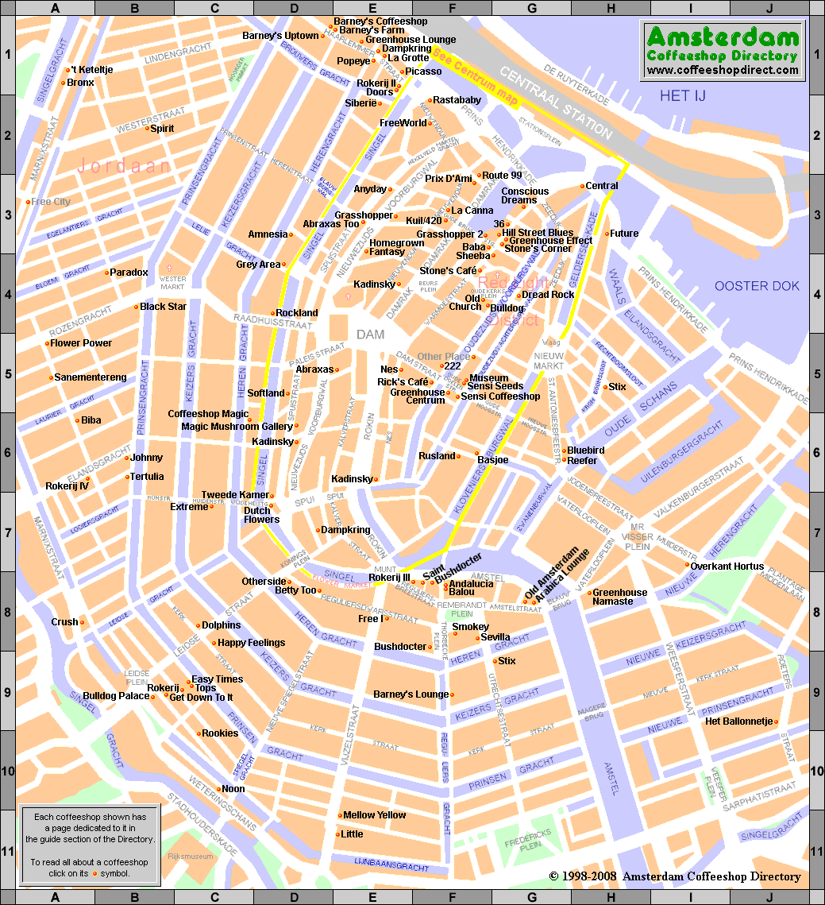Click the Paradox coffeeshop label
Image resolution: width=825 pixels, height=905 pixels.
pos(129,273)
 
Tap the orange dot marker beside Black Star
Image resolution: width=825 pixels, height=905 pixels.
pos(136,307)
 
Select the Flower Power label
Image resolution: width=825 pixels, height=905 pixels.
pos(81,343)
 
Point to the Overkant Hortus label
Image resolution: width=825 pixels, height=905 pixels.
pos(727,567)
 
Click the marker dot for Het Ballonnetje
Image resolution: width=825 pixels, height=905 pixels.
pos(777,722)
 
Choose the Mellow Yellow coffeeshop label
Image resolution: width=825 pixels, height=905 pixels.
pos(374,815)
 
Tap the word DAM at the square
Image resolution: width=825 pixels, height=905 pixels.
pos(370,335)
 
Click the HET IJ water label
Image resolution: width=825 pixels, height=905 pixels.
pos(682,96)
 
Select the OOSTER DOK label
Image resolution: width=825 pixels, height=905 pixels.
pos(757,286)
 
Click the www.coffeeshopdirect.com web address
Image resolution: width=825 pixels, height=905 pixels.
pos(722,70)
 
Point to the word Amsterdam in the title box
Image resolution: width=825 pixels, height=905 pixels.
pos(722,37)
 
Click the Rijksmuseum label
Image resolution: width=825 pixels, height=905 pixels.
pos(191,857)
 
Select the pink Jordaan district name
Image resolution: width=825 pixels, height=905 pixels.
pos(124,165)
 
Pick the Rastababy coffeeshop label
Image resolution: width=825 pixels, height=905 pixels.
pos(457,100)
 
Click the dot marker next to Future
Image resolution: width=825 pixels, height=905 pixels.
pos(607,234)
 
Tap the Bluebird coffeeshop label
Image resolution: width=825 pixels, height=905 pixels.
pos(585,451)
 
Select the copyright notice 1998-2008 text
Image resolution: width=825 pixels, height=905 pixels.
pos(675,876)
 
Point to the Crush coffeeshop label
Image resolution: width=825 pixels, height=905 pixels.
pos(65,622)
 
